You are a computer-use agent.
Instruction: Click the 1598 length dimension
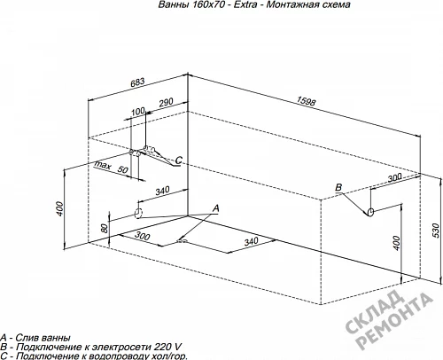[307, 101]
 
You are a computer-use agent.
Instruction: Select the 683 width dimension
[137, 82]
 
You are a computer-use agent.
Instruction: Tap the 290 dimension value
[166, 103]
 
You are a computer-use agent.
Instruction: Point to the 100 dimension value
[138, 112]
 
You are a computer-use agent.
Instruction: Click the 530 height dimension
[436, 231]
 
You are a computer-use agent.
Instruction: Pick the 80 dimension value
[105, 228]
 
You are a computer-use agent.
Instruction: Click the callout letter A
[216, 208]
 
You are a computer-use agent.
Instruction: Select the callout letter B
[338, 187]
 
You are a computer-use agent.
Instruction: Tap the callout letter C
[179, 160]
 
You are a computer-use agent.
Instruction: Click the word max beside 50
[103, 165]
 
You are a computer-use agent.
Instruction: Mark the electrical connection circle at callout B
[370, 212]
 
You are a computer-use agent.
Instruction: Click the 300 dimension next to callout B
[394, 177]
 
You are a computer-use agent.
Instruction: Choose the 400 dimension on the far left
[59, 208]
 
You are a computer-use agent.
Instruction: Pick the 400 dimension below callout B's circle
[397, 243]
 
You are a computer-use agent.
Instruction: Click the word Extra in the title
[245, 4]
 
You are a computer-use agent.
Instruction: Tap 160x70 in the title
[206, 4]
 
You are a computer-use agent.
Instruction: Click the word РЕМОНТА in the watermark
[395, 321]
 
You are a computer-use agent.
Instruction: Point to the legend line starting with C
[94, 356]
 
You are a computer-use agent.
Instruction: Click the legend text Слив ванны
[43, 338]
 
